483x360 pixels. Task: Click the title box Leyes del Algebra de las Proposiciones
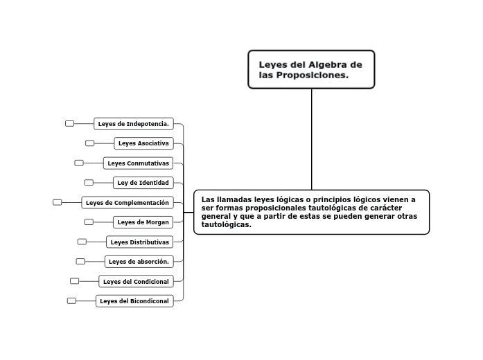point(311,69)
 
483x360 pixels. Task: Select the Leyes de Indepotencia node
point(134,124)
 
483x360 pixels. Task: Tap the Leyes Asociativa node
point(143,143)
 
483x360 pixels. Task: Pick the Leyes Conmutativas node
point(139,163)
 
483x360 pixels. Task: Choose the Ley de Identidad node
point(143,183)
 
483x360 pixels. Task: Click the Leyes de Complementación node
point(128,203)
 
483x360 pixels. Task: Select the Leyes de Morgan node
point(143,222)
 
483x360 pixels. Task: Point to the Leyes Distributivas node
point(140,242)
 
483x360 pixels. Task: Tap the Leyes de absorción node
point(139,262)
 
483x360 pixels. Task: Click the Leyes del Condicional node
point(136,282)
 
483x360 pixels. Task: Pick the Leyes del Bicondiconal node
point(134,301)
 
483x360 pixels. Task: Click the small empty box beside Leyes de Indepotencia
point(70,123)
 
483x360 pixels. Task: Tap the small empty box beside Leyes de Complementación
point(58,202)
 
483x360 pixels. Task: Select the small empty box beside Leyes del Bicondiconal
point(71,300)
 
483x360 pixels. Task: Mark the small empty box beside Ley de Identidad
point(89,183)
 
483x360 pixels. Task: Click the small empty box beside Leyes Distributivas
point(82,242)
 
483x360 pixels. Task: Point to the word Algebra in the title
point(331,64)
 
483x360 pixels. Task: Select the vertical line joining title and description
point(312,138)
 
